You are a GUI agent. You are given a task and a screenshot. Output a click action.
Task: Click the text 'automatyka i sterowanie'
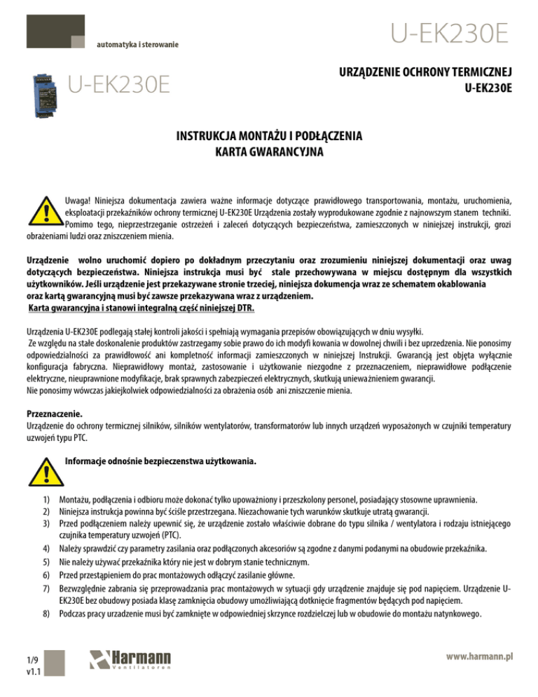pos(137,45)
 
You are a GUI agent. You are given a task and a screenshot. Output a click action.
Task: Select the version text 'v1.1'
pos(31,671)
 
